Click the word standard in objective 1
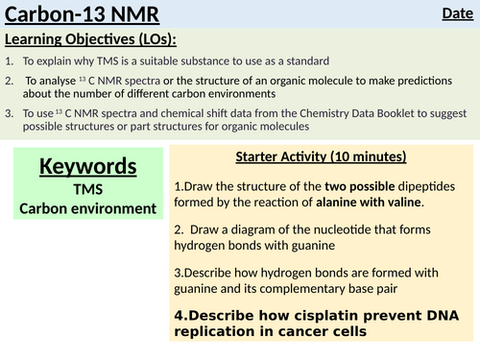pos(306,60)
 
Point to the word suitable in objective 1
pos(161,60)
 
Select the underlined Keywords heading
pos(87,167)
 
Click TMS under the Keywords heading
pos(87,190)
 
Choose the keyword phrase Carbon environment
pos(87,208)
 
